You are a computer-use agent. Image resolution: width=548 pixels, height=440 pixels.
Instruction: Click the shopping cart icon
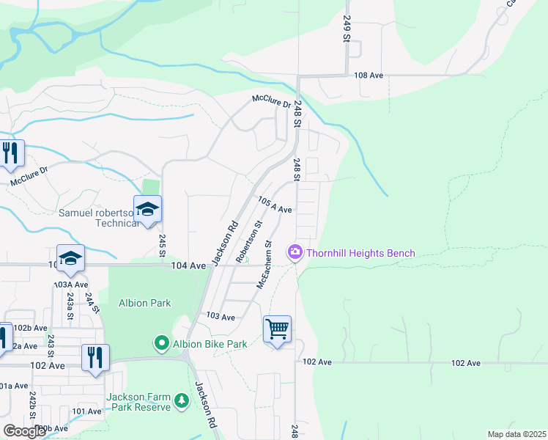pyautogui.click(x=278, y=329)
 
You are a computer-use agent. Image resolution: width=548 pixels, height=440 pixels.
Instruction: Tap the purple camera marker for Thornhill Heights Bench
pyautogui.click(x=295, y=253)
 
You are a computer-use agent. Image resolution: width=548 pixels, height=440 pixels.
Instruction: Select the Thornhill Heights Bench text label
pyautogui.click(x=360, y=254)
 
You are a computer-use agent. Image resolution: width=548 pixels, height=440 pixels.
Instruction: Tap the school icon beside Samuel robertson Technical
pyautogui.click(x=147, y=210)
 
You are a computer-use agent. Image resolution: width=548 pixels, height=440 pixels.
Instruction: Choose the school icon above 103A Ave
pyautogui.click(x=71, y=258)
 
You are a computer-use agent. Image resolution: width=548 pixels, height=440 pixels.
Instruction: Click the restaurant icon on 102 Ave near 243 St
pyautogui.click(x=95, y=358)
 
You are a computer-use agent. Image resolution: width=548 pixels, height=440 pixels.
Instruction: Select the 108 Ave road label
pyautogui.click(x=369, y=76)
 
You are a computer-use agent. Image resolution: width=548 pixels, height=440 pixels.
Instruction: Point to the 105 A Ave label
pyautogui.click(x=275, y=205)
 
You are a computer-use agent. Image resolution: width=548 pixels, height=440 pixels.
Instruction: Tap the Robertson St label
pyautogui.click(x=249, y=241)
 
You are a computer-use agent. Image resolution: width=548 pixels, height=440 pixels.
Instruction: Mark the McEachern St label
pyautogui.click(x=264, y=264)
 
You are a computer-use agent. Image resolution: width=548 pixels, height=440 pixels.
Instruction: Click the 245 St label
pyautogui.click(x=163, y=245)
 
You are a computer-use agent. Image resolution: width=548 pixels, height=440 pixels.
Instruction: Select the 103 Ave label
pyautogui.click(x=221, y=317)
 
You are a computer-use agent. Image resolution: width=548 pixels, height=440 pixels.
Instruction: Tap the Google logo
pyautogui.click(x=24, y=431)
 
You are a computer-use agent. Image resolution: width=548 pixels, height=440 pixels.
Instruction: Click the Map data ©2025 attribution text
pyautogui.click(x=516, y=434)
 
